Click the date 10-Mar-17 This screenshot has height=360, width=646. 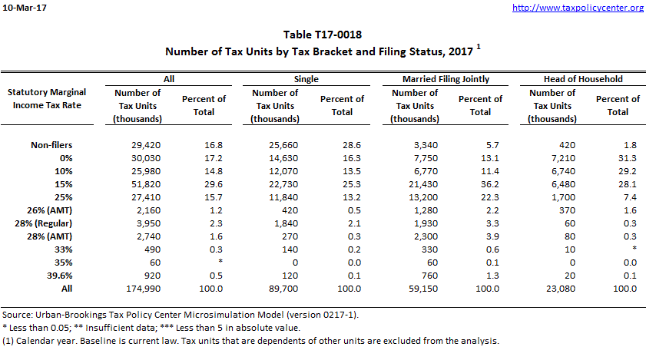[x=25, y=8]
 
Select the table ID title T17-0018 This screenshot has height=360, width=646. [x=323, y=35]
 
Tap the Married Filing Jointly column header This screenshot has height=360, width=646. [x=446, y=78]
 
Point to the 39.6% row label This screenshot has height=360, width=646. [x=68, y=275]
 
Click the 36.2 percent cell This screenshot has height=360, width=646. [x=481, y=183]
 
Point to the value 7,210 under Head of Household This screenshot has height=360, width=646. [x=555, y=157]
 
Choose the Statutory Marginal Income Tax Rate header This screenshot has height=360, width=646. [x=45, y=98]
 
